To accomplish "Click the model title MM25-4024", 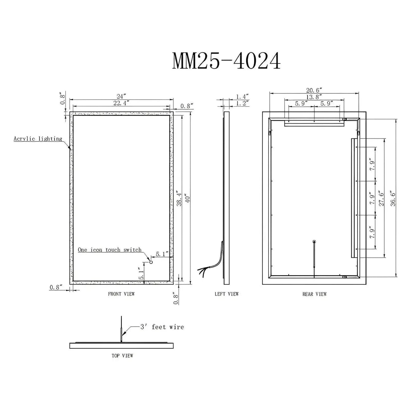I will click(x=226, y=61).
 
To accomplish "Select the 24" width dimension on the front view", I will click(x=121, y=96).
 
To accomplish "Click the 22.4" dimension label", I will click(x=121, y=103).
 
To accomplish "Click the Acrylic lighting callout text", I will click(x=38, y=139).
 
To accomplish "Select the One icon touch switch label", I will click(x=110, y=250).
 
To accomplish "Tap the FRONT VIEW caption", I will click(x=121, y=294).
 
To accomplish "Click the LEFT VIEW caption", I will click(x=226, y=294).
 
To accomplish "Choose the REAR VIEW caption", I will click(x=314, y=294).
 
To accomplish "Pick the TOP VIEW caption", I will click(x=122, y=356).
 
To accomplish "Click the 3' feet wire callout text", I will click(x=162, y=327).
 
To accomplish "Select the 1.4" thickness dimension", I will click(x=242, y=97).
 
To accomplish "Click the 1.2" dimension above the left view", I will click(x=242, y=104).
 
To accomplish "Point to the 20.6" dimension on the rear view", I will click(x=314, y=90).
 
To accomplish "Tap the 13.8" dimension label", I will click(x=314, y=97).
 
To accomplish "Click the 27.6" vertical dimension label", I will click(x=381, y=198).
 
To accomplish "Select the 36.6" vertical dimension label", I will click(x=393, y=198).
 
